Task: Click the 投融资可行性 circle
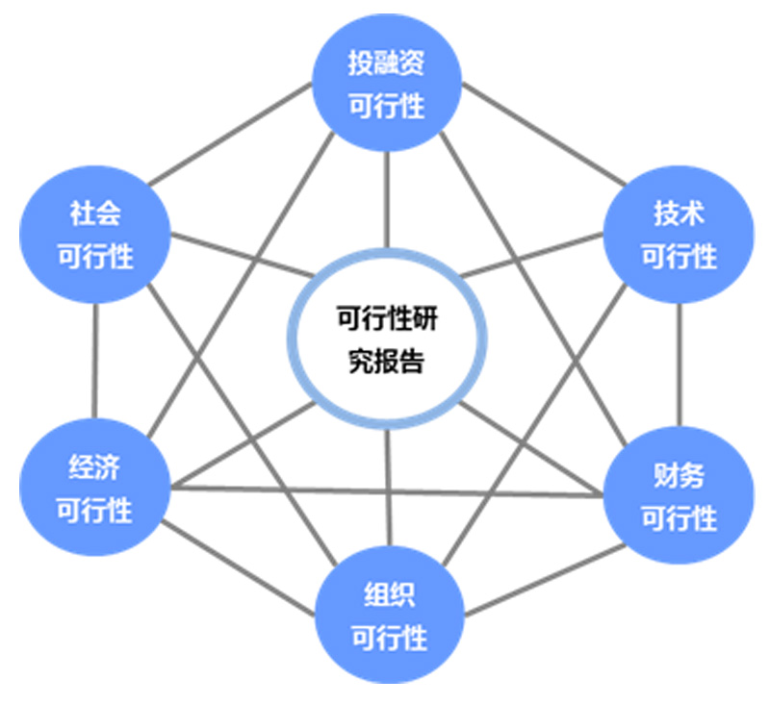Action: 387,85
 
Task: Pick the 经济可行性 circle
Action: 94,489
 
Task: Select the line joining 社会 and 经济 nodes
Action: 95,361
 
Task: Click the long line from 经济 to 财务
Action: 385,490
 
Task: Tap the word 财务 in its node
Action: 680,475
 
